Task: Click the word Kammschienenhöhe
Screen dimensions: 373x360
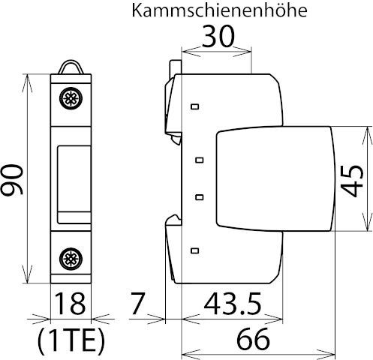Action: coord(219,10)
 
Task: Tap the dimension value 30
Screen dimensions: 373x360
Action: coord(218,36)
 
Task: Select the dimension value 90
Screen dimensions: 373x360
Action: coord(12,179)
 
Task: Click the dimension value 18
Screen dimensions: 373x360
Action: coord(70,304)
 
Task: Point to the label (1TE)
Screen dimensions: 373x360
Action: coord(71,340)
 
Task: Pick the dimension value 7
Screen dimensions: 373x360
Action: coord(138,304)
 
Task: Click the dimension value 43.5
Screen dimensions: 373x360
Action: coord(233,304)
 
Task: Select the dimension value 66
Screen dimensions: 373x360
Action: coord(254,339)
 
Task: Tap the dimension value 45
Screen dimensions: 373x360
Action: coord(353,181)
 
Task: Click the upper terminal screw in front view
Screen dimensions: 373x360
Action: coord(71,98)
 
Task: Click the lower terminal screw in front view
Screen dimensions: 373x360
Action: coord(71,259)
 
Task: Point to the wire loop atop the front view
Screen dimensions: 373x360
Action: coord(71,67)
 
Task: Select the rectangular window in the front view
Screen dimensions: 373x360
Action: coord(74,184)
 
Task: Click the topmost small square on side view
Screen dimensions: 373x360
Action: coord(195,106)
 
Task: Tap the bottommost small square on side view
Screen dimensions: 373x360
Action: coord(195,250)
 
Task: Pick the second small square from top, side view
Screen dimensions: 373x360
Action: coord(200,160)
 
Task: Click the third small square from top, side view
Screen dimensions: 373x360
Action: coord(200,197)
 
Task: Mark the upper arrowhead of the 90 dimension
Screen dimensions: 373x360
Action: coord(27,83)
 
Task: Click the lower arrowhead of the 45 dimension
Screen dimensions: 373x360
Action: coord(367,222)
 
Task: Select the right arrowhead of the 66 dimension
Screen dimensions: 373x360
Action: coord(326,354)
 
